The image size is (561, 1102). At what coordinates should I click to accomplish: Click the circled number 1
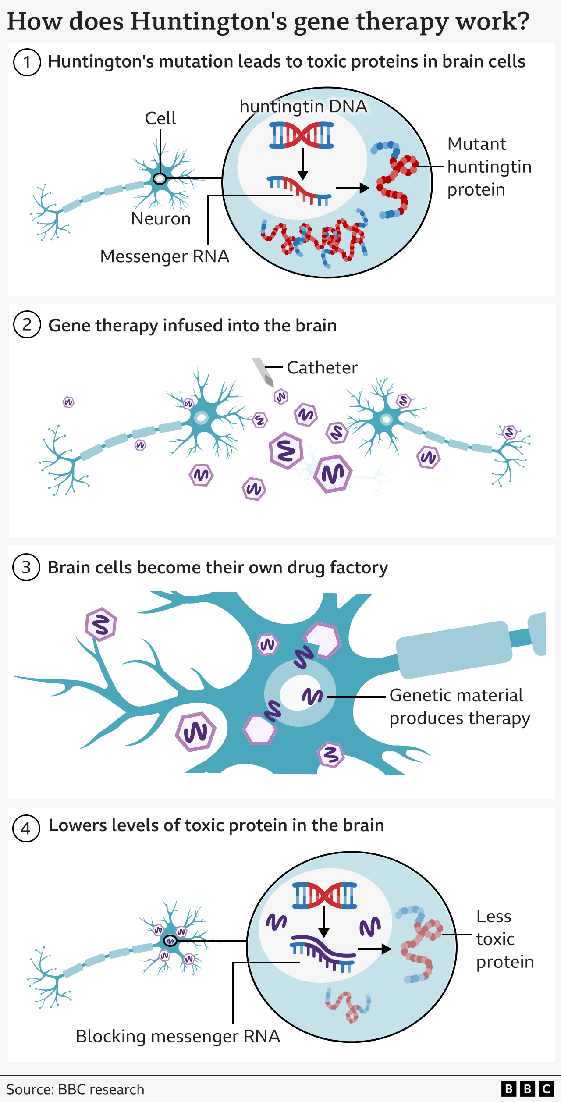click(x=27, y=62)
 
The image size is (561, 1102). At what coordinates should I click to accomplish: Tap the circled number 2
click(x=27, y=325)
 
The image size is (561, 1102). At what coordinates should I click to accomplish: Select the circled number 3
click(x=26, y=567)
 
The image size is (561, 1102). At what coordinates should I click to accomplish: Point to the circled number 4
click(x=26, y=828)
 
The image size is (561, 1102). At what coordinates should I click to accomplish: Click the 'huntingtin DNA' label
click(x=303, y=107)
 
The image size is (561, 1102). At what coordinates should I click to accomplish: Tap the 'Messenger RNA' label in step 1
click(x=165, y=256)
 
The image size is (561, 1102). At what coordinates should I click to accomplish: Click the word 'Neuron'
click(x=161, y=219)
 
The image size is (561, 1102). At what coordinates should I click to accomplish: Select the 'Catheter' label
click(x=322, y=368)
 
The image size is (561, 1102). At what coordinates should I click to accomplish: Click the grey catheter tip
click(x=263, y=373)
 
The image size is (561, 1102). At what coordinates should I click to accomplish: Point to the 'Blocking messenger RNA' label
click(x=178, y=1037)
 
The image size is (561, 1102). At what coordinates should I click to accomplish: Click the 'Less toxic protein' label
click(x=504, y=939)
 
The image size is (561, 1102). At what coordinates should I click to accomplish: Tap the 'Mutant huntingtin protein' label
click(x=489, y=167)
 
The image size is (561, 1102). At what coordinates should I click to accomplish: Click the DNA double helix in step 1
click(x=302, y=135)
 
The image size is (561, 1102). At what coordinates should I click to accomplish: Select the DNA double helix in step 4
click(x=325, y=895)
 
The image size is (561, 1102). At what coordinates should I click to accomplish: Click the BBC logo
click(x=527, y=1089)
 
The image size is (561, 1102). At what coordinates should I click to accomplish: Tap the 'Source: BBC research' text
click(x=75, y=1089)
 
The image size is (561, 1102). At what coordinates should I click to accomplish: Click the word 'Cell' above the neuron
click(x=160, y=118)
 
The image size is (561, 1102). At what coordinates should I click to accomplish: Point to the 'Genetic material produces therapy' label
click(x=459, y=707)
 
